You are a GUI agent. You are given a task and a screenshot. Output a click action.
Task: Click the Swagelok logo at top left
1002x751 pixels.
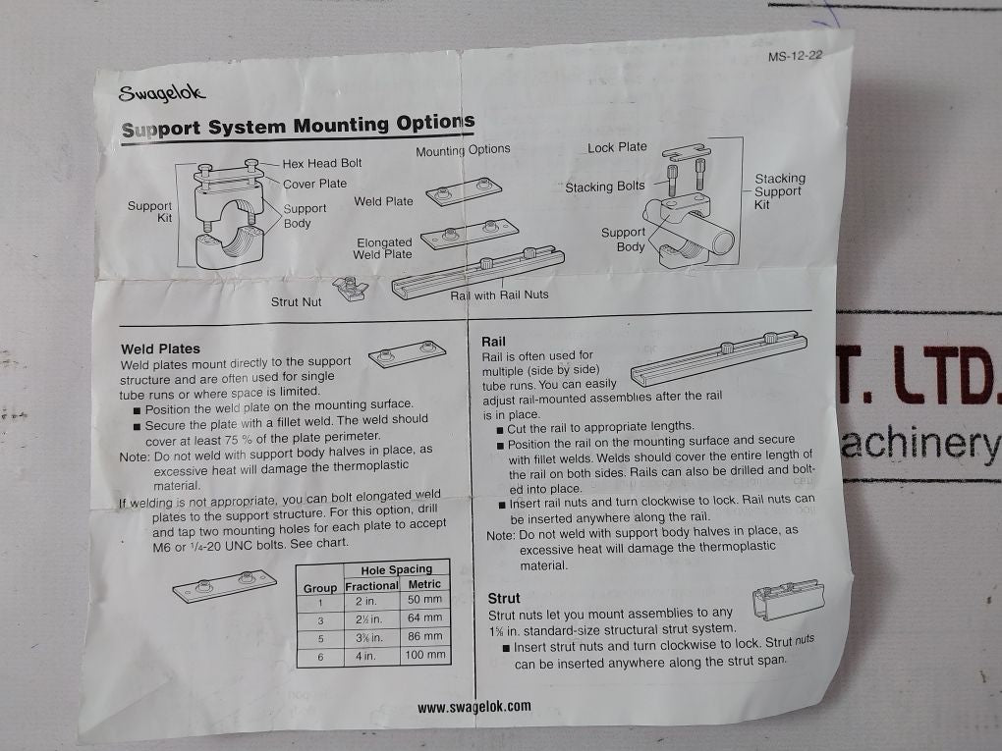pyautogui.click(x=162, y=93)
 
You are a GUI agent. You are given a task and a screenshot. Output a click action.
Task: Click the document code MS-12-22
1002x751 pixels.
pyautogui.click(x=794, y=56)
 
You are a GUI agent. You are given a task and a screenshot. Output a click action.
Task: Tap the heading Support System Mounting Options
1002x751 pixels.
pyautogui.click(x=298, y=126)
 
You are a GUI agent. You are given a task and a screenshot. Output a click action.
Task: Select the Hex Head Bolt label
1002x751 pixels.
pyautogui.click(x=322, y=164)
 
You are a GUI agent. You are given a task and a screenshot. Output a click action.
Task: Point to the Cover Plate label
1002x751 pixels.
pyautogui.click(x=314, y=184)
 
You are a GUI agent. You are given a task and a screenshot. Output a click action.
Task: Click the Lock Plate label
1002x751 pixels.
pyautogui.click(x=617, y=147)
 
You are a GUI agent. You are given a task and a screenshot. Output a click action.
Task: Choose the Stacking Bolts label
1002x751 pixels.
pyautogui.click(x=605, y=187)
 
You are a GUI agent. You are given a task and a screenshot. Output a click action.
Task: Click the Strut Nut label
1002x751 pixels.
pyautogui.click(x=296, y=302)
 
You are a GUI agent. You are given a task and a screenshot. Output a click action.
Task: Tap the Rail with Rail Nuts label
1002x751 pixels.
pyautogui.click(x=499, y=295)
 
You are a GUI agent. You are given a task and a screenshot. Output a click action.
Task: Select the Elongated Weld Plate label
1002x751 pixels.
pyautogui.click(x=384, y=248)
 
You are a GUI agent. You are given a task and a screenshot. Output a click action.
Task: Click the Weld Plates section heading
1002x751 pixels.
pyautogui.click(x=160, y=349)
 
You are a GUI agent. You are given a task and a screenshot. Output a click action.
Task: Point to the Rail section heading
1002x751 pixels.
pyautogui.click(x=493, y=342)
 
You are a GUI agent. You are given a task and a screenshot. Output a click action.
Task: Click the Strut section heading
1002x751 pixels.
pyautogui.click(x=504, y=597)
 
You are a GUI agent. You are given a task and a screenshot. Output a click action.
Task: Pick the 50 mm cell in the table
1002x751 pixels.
pyautogui.click(x=424, y=599)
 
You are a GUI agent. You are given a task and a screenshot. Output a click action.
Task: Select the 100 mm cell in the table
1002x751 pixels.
pyautogui.click(x=424, y=655)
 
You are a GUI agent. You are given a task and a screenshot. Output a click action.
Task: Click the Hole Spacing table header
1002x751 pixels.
pyautogui.click(x=396, y=569)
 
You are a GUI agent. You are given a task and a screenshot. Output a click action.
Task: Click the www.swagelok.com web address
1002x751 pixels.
pyautogui.click(x=473, y=706)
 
